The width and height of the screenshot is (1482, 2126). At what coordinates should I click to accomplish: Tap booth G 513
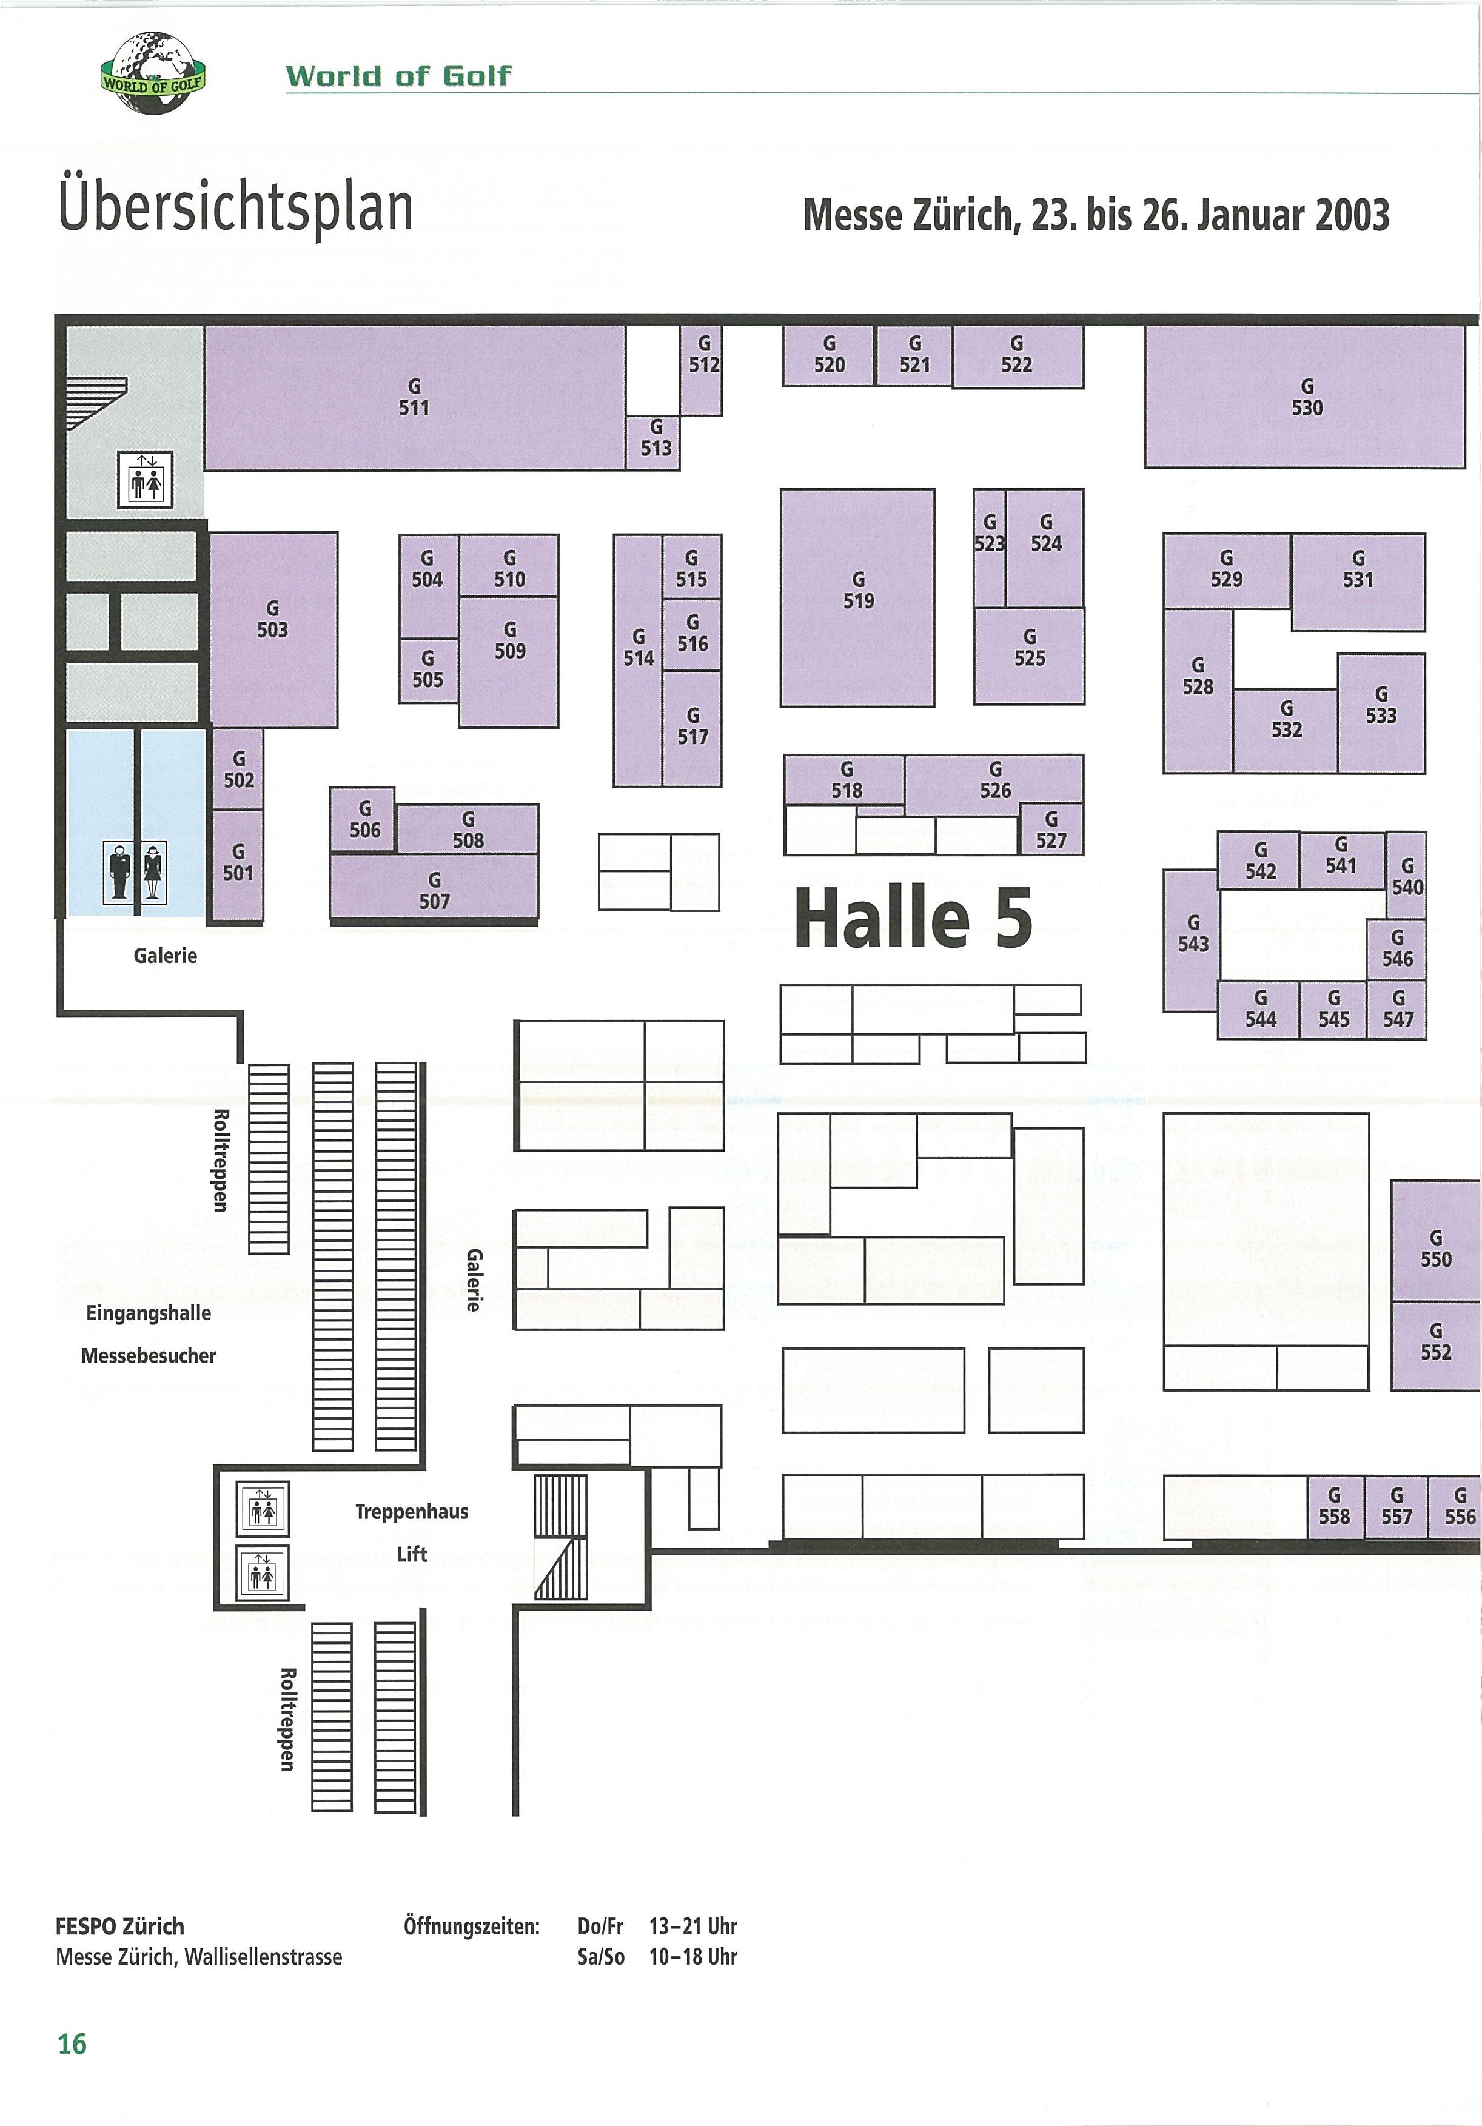[x=655, y=441]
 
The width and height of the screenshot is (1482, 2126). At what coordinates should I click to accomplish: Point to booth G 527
[x=1051, y=830]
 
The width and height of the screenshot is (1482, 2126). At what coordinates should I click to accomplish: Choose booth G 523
[x=988, y=546]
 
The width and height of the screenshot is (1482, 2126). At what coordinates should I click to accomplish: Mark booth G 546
[x=1397, y=949]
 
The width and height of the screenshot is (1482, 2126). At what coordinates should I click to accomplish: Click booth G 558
[x=1334, y=1506]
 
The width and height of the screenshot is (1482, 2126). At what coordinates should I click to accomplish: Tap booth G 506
[x=364, y=819]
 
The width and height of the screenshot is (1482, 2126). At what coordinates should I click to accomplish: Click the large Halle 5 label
[x=913, y=917]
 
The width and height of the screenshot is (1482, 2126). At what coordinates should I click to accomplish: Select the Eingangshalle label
[x=148, y=1313]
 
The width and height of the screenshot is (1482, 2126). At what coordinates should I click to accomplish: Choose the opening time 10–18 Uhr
[x=692, y=1957]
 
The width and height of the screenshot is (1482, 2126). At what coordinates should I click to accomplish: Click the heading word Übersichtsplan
[x=235, y=209]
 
